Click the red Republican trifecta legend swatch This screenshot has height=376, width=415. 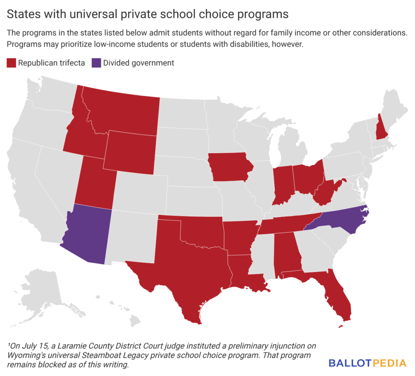pyautogui.click(x=11, y=63)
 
